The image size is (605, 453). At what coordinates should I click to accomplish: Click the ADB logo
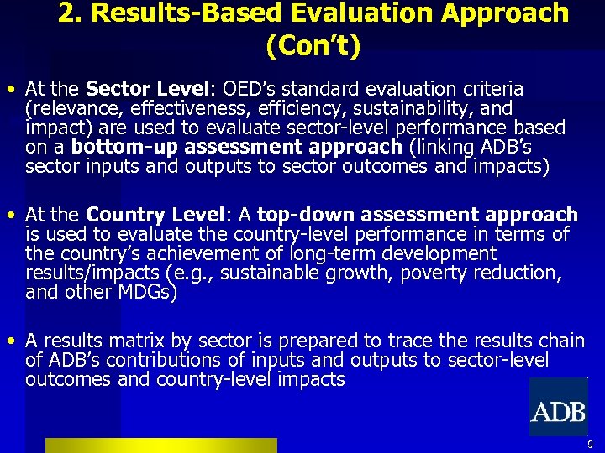[x=558, y=411]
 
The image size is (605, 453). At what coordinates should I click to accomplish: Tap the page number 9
[x=590, y=445]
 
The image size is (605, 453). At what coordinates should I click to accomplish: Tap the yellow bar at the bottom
[x=160, y=445]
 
